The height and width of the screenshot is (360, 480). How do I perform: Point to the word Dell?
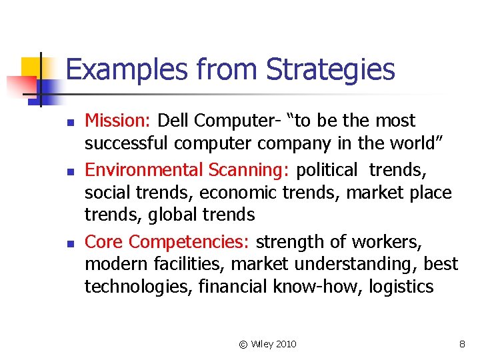coord(178,121)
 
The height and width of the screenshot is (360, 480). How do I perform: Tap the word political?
coord(327,169)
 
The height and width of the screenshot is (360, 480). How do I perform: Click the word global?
coord(173,215)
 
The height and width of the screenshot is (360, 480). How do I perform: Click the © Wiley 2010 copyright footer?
coord(267,344)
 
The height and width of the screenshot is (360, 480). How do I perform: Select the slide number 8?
coord(462,344)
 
